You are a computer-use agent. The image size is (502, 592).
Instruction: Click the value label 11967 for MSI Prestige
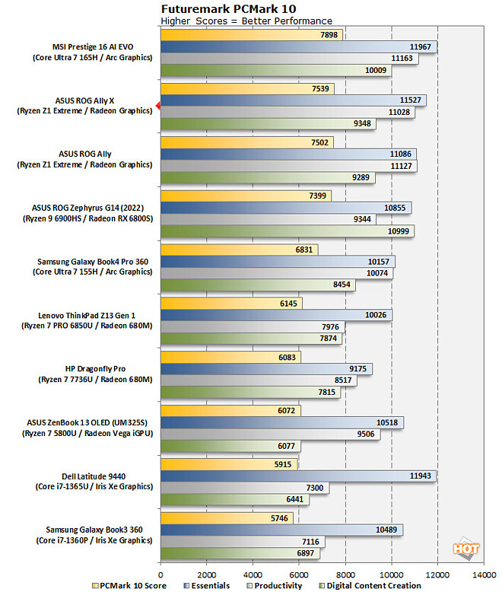pos(420,47)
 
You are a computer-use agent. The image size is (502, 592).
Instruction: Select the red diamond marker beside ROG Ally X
pos(157,106)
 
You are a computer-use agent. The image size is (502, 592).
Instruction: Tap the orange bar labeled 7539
pos(243,89)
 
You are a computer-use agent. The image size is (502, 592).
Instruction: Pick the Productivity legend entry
pos(278,586)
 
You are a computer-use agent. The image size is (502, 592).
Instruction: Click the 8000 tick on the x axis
pos(345,574)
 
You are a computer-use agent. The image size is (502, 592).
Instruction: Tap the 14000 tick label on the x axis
pos(484,574)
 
